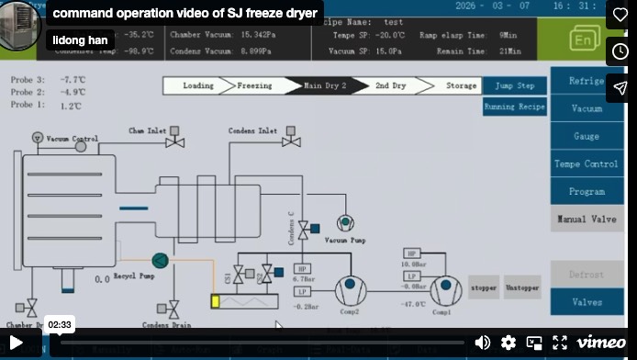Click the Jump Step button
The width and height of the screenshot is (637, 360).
[514, 85]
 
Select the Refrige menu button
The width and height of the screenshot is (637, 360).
[586, 81]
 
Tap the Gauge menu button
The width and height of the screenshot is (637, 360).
[586, 136]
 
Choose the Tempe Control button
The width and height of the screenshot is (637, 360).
[586, 163]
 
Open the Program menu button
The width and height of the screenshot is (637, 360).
[586, 191]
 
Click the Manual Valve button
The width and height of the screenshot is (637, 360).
[586, 219]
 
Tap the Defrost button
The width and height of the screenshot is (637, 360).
[586, 275]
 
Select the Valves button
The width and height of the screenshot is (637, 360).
[586, 302]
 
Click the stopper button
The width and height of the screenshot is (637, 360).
[483, 287]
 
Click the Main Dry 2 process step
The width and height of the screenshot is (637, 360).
[325, 85]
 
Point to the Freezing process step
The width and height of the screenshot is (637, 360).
[254, 85]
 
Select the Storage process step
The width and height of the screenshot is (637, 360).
[461, 85]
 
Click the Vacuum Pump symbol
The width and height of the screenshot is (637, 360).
[345, 223]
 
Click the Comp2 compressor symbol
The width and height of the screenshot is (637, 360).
[351, 290]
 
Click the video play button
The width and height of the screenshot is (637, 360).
[17, 343]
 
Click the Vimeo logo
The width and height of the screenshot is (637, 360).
[601, 343]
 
